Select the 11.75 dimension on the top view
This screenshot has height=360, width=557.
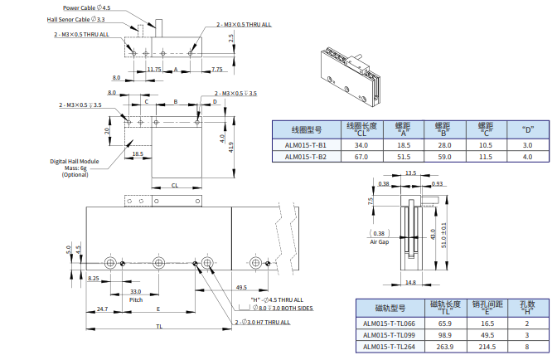click(x=154, y=69)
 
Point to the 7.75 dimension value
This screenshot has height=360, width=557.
click(x=217, y=69)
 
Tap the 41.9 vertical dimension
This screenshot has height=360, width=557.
click(x=232, y=146)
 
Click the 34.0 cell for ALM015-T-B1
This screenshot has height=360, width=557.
click(x=361, y=144)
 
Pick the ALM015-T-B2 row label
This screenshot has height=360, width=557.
click(x=305, y=156)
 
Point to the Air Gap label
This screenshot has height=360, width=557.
click(x=380, y=241)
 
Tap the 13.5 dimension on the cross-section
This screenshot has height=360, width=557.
click(x=410, y=173)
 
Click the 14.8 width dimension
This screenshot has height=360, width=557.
click(x=413, y=282)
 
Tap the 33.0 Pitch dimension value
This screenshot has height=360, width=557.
click(x=136, y=291)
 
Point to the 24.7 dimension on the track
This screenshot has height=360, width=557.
click(x=102, y=309)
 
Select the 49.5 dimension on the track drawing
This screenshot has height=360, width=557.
click(x=241, y=287)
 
